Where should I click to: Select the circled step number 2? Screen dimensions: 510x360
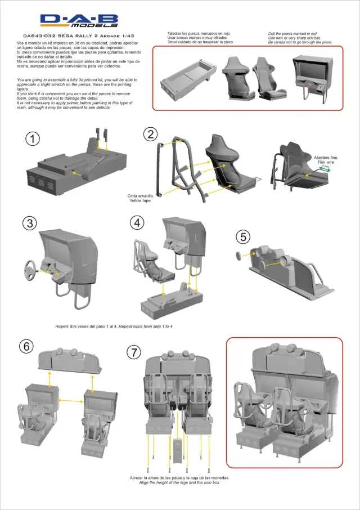tap(150, 135)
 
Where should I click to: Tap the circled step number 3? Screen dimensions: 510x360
tap(30, 222)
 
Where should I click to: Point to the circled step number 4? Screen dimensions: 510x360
tap(137, 222)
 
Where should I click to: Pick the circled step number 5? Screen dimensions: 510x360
tap(243, 237)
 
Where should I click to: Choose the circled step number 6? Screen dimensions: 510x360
tap(26, 346)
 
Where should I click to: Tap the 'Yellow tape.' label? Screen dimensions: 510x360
tap(141, 200)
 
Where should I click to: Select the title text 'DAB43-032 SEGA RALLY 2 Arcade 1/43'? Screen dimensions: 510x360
tap(79, 35)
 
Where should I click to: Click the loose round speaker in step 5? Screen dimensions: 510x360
tap(238, 257)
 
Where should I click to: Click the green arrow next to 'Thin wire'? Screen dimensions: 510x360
tap(326, 168)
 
